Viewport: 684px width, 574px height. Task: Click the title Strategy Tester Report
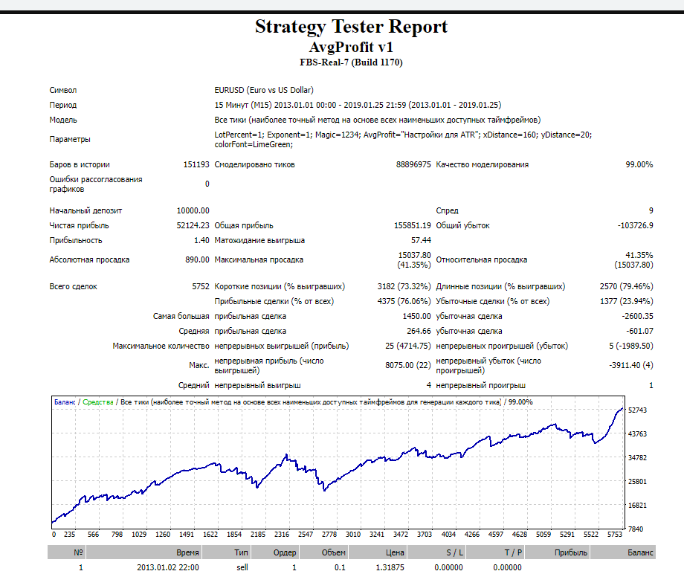pos(351,27)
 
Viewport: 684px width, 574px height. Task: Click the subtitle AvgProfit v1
pos(351,47)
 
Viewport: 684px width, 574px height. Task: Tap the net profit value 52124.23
pos(193,225)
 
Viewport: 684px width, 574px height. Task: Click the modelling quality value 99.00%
pos(639,164)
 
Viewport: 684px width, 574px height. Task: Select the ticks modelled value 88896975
pos(413,164)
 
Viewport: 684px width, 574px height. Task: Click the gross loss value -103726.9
pos(635,225)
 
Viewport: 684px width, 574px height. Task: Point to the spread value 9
pos(651,210)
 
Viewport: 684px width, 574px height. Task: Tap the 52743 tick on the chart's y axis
pos(637,410)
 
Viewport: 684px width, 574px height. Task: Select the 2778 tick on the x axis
pos(330,534)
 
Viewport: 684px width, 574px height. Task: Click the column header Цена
pos(396,552)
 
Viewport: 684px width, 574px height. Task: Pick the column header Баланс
pos(641,552)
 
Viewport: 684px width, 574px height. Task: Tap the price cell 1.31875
pos(391,567)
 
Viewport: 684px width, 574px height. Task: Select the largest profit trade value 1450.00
pos(415,316)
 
